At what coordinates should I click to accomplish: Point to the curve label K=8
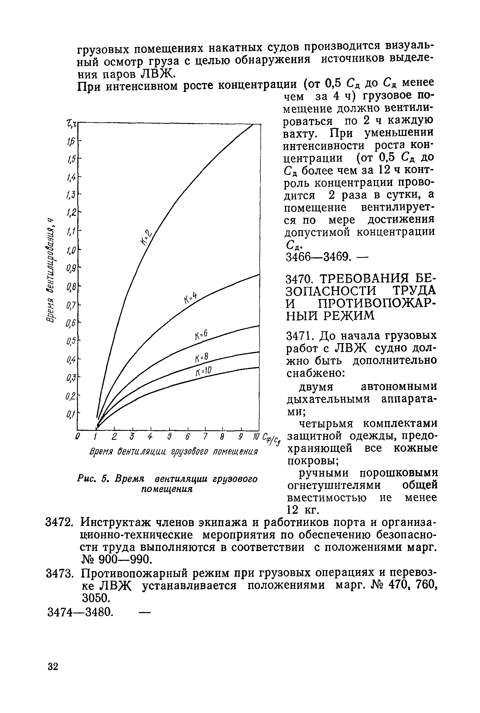[201, 357]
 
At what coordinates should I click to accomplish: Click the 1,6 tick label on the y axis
[71, 142]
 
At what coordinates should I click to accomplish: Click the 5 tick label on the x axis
[169, 436]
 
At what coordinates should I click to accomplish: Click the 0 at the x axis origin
[78, 436]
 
